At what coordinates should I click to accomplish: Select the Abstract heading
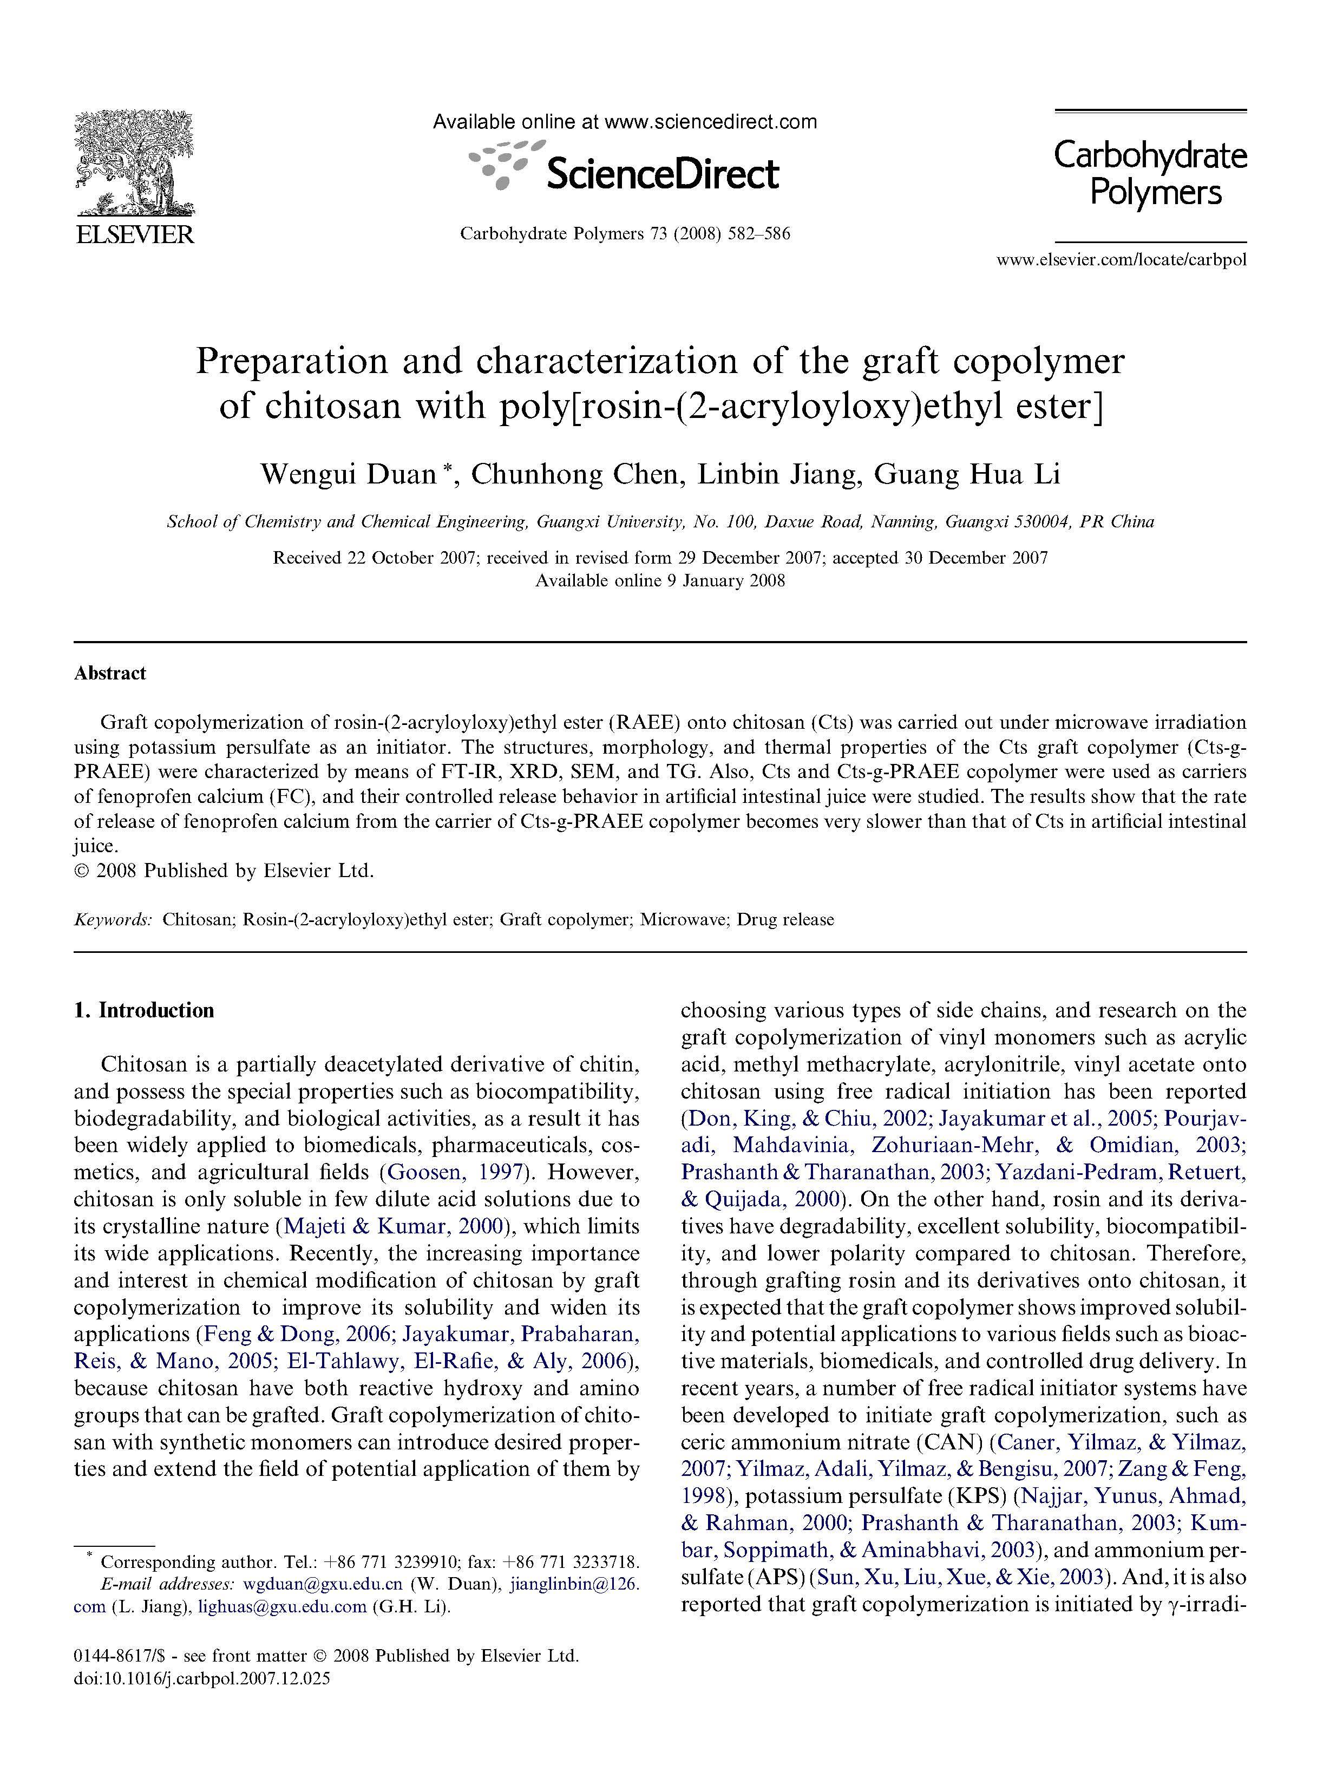[110, 673]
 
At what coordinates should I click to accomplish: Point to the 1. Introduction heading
[143, 1010]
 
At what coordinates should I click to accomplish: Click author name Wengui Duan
[348, 474]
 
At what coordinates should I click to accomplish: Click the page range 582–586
[758, 234]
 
